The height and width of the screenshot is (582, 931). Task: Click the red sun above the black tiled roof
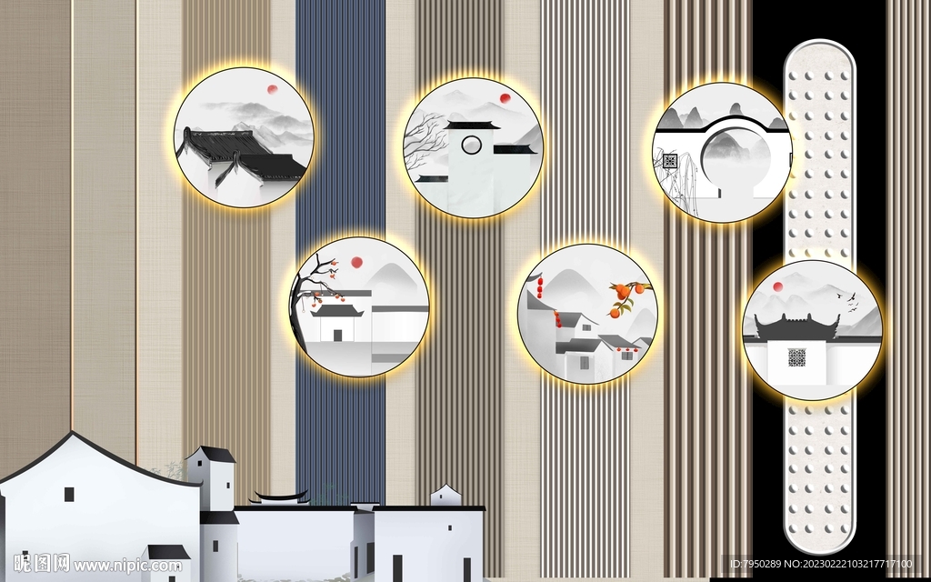[272, 90]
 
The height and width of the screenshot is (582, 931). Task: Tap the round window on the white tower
[472, 145]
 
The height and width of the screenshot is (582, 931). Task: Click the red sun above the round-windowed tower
[506, 98]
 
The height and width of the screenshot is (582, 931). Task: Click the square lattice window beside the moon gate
[670, 161]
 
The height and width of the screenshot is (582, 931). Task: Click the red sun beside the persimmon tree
[356, 262]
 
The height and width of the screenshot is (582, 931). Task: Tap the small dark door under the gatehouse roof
[338, 335]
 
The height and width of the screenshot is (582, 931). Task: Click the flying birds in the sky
[848, 300]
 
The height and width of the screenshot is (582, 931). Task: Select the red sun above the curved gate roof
[777, 286]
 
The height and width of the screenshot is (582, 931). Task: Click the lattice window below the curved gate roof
[796, 357]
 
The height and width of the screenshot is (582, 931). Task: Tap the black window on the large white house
[69, 494]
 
